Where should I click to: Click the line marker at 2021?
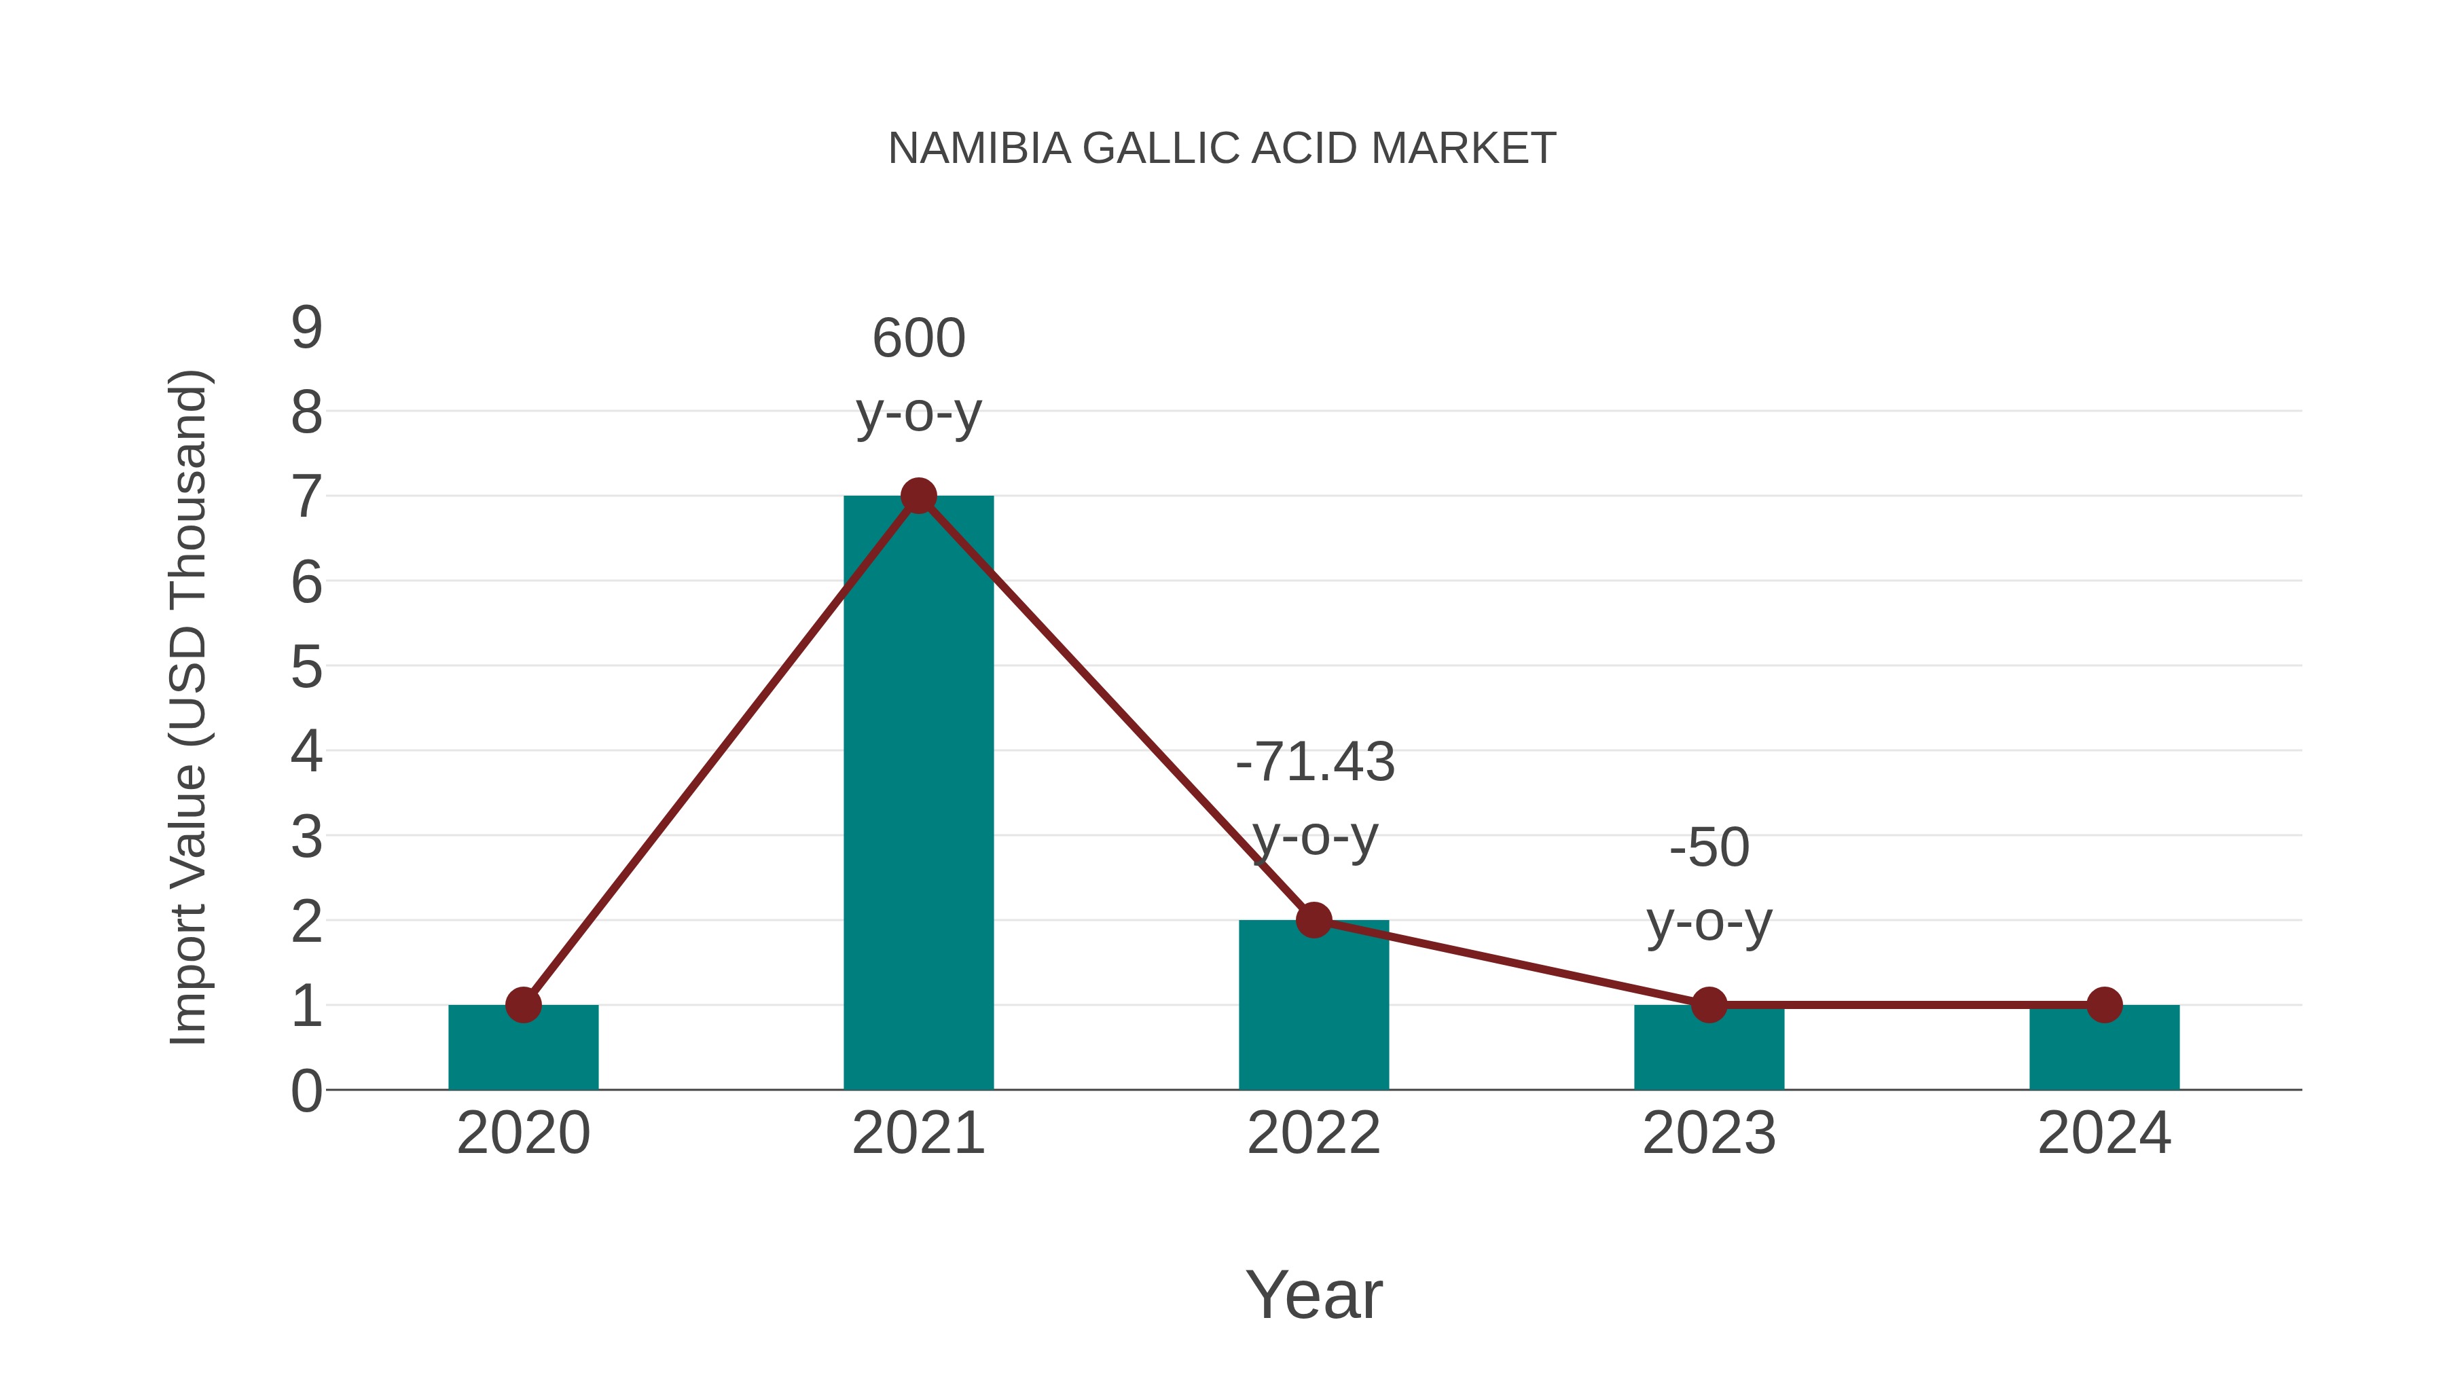point(918,496)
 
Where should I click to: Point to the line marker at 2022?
point(1313,919)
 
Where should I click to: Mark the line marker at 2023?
point(1709,1004)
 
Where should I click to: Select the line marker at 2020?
point(523,1004)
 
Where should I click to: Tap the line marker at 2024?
point(2103,1004)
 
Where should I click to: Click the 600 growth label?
point(918,339)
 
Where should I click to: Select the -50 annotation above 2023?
point(1709,847)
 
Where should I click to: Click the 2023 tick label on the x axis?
point(1709,1133)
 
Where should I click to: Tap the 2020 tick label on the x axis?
point(523,1133)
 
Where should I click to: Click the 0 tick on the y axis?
point(306,1090)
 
